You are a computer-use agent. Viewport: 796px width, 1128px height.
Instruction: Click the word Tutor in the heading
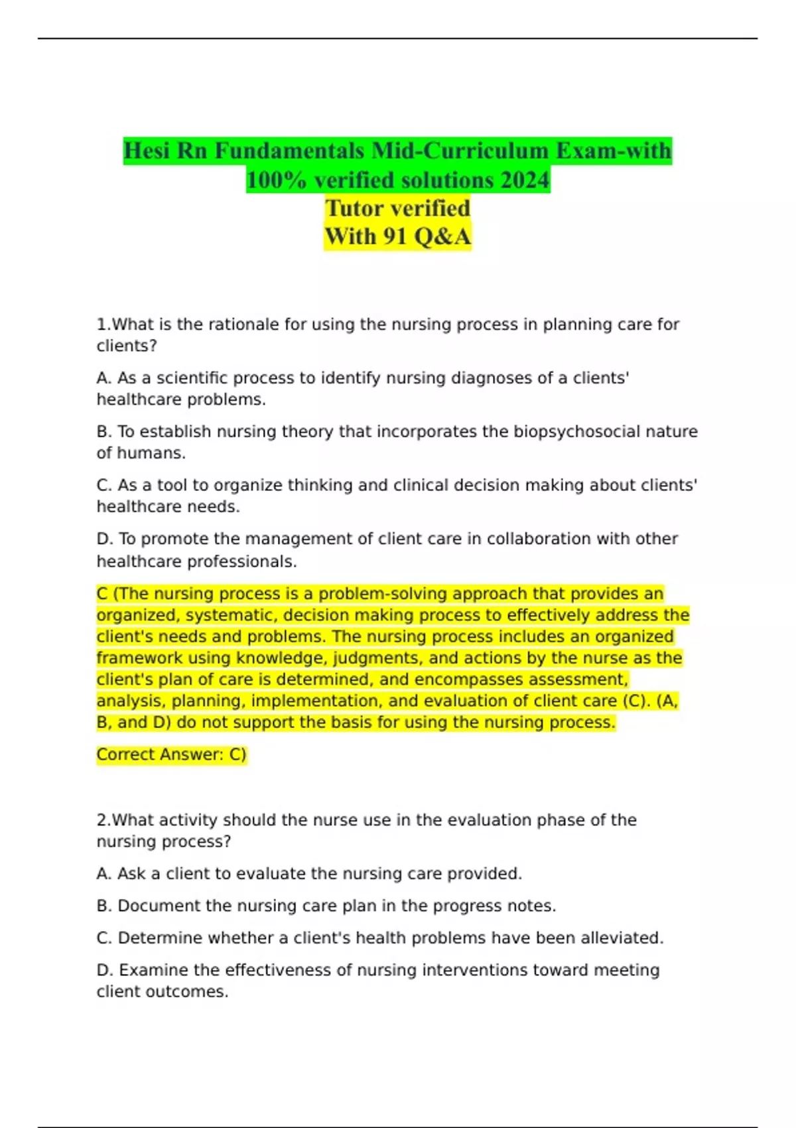point(359,208)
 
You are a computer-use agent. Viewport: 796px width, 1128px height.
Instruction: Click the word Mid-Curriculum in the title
point(460,151)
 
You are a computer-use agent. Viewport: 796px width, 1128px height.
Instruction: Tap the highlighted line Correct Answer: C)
point(171,754)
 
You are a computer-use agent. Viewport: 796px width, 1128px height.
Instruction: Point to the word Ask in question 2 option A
point(131,874)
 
